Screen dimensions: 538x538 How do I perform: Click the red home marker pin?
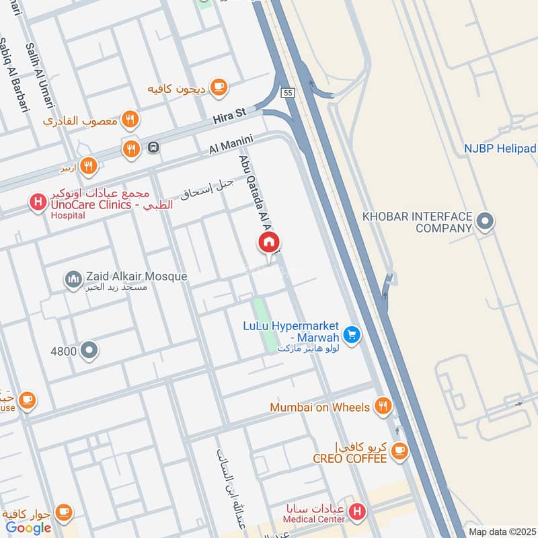pos(269,243)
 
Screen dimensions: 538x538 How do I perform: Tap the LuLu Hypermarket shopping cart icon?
pos(350,334)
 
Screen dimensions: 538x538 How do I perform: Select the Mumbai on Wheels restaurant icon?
pos(383,406)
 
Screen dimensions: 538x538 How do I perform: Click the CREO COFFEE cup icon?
pos(400,449)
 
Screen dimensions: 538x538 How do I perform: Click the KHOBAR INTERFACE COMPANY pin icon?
pos(484,220)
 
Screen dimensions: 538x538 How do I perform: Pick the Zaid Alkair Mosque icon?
pos(73,278)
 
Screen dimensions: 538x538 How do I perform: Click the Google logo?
pos(29,527)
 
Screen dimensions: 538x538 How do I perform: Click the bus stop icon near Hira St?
pos(153,147)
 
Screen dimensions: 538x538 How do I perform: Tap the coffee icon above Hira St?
pos(218,87)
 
